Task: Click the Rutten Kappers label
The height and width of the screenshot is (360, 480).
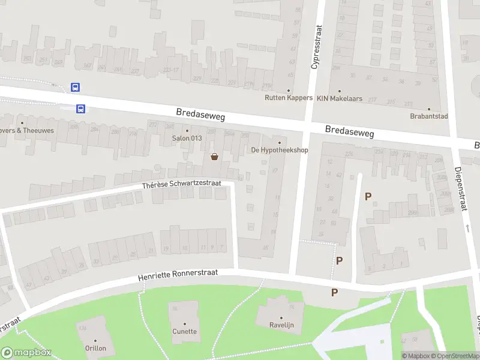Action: coord(289,98)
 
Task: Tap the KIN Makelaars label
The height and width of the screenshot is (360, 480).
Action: coord(340,98)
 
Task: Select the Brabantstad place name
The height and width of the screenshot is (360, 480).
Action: coord(429,116)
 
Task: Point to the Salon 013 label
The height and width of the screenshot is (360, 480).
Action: coord(187,139)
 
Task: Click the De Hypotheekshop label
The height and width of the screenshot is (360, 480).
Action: coord(280,150)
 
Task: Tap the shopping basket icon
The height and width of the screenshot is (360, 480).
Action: coord(214,157)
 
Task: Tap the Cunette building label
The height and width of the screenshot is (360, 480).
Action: coord(185,331)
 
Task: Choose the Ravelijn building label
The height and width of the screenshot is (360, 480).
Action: coord(280,326)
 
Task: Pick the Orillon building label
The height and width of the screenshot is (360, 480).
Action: coord(95,348)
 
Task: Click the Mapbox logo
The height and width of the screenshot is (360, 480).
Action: coord(26,353)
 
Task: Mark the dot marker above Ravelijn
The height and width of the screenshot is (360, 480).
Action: coord(280,318)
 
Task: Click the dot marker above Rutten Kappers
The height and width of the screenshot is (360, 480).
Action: coord(289,91)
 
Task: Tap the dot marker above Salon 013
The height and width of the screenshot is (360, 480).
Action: coord(187,131)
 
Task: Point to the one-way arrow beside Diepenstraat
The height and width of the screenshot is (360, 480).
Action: coord(467,229)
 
